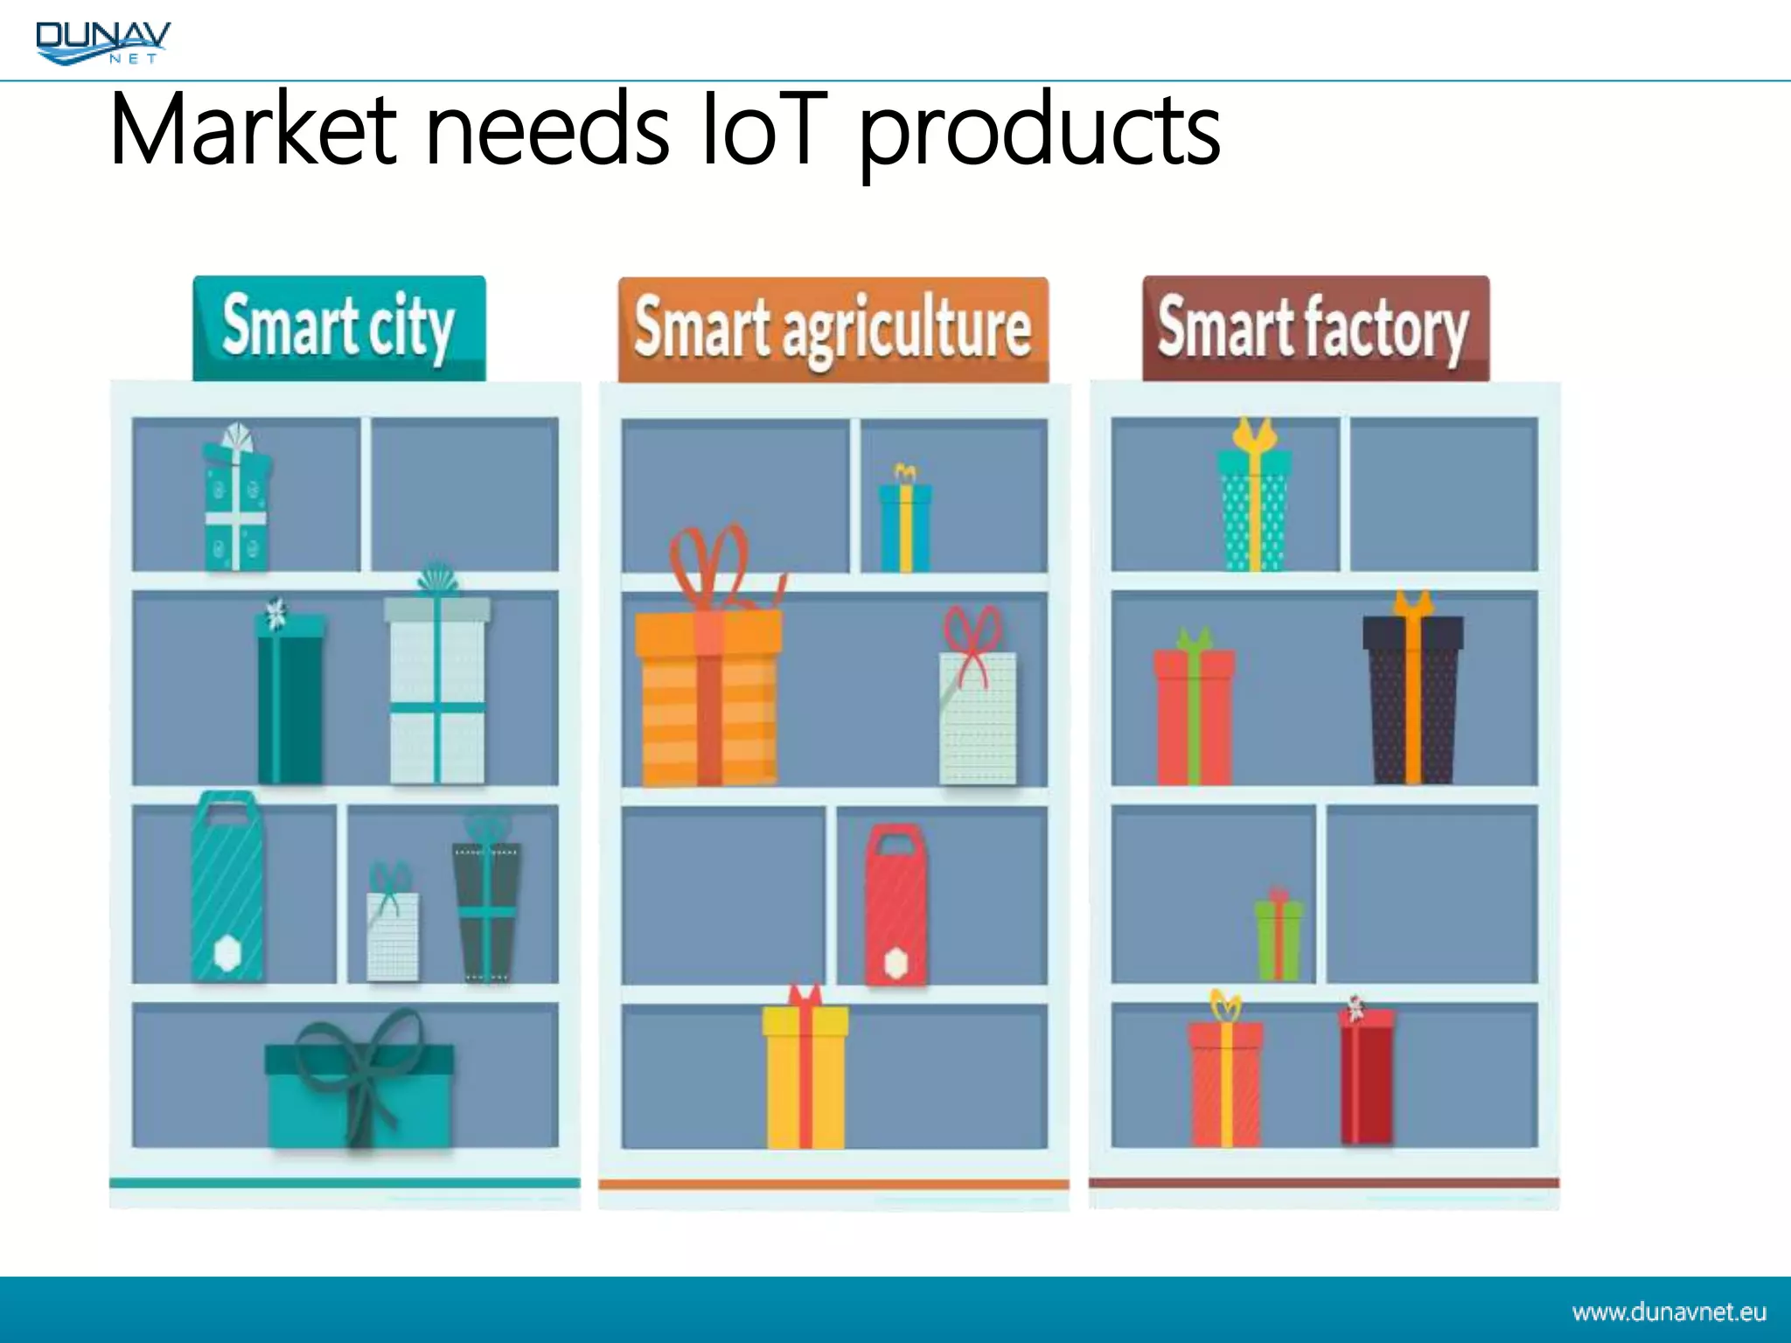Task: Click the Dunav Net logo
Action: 102,42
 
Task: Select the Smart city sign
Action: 338,328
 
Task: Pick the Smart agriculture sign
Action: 833,330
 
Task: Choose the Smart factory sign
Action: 1314,328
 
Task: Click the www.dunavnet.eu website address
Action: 1669,1312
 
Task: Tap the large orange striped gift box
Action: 708,695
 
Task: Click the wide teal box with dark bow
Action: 359,1093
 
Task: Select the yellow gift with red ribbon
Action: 805,1075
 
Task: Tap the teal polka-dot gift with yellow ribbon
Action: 1254,507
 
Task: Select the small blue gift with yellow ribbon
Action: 905,525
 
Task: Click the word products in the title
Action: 1041,131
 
